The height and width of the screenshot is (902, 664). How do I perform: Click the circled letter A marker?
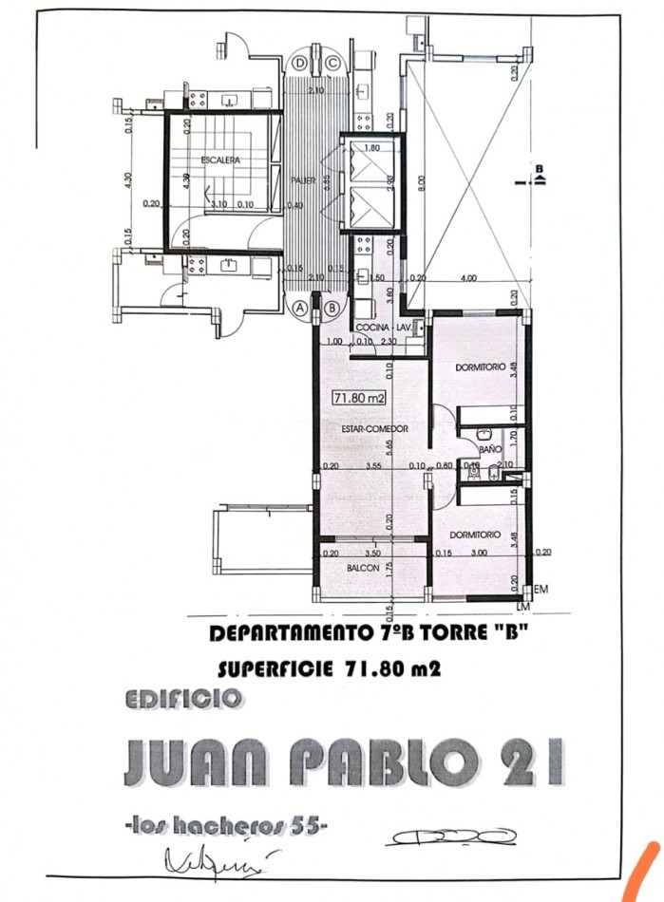(300, 308)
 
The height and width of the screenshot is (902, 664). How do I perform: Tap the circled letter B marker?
(332, 308)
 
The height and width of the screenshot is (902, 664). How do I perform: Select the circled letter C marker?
(332, 64)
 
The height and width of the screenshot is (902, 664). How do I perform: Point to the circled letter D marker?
(300, 64)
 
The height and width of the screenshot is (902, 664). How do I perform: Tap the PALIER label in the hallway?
(303, 178)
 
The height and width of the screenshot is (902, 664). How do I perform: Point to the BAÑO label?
(490, 447)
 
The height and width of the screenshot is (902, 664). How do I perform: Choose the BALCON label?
(364, 568)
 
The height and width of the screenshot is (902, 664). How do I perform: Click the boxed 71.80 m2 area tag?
(358, 399)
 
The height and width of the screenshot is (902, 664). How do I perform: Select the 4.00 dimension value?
(468, 278)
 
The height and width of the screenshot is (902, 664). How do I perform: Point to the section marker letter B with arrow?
(539, 173)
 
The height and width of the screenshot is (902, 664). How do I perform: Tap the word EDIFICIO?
(183, 700)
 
